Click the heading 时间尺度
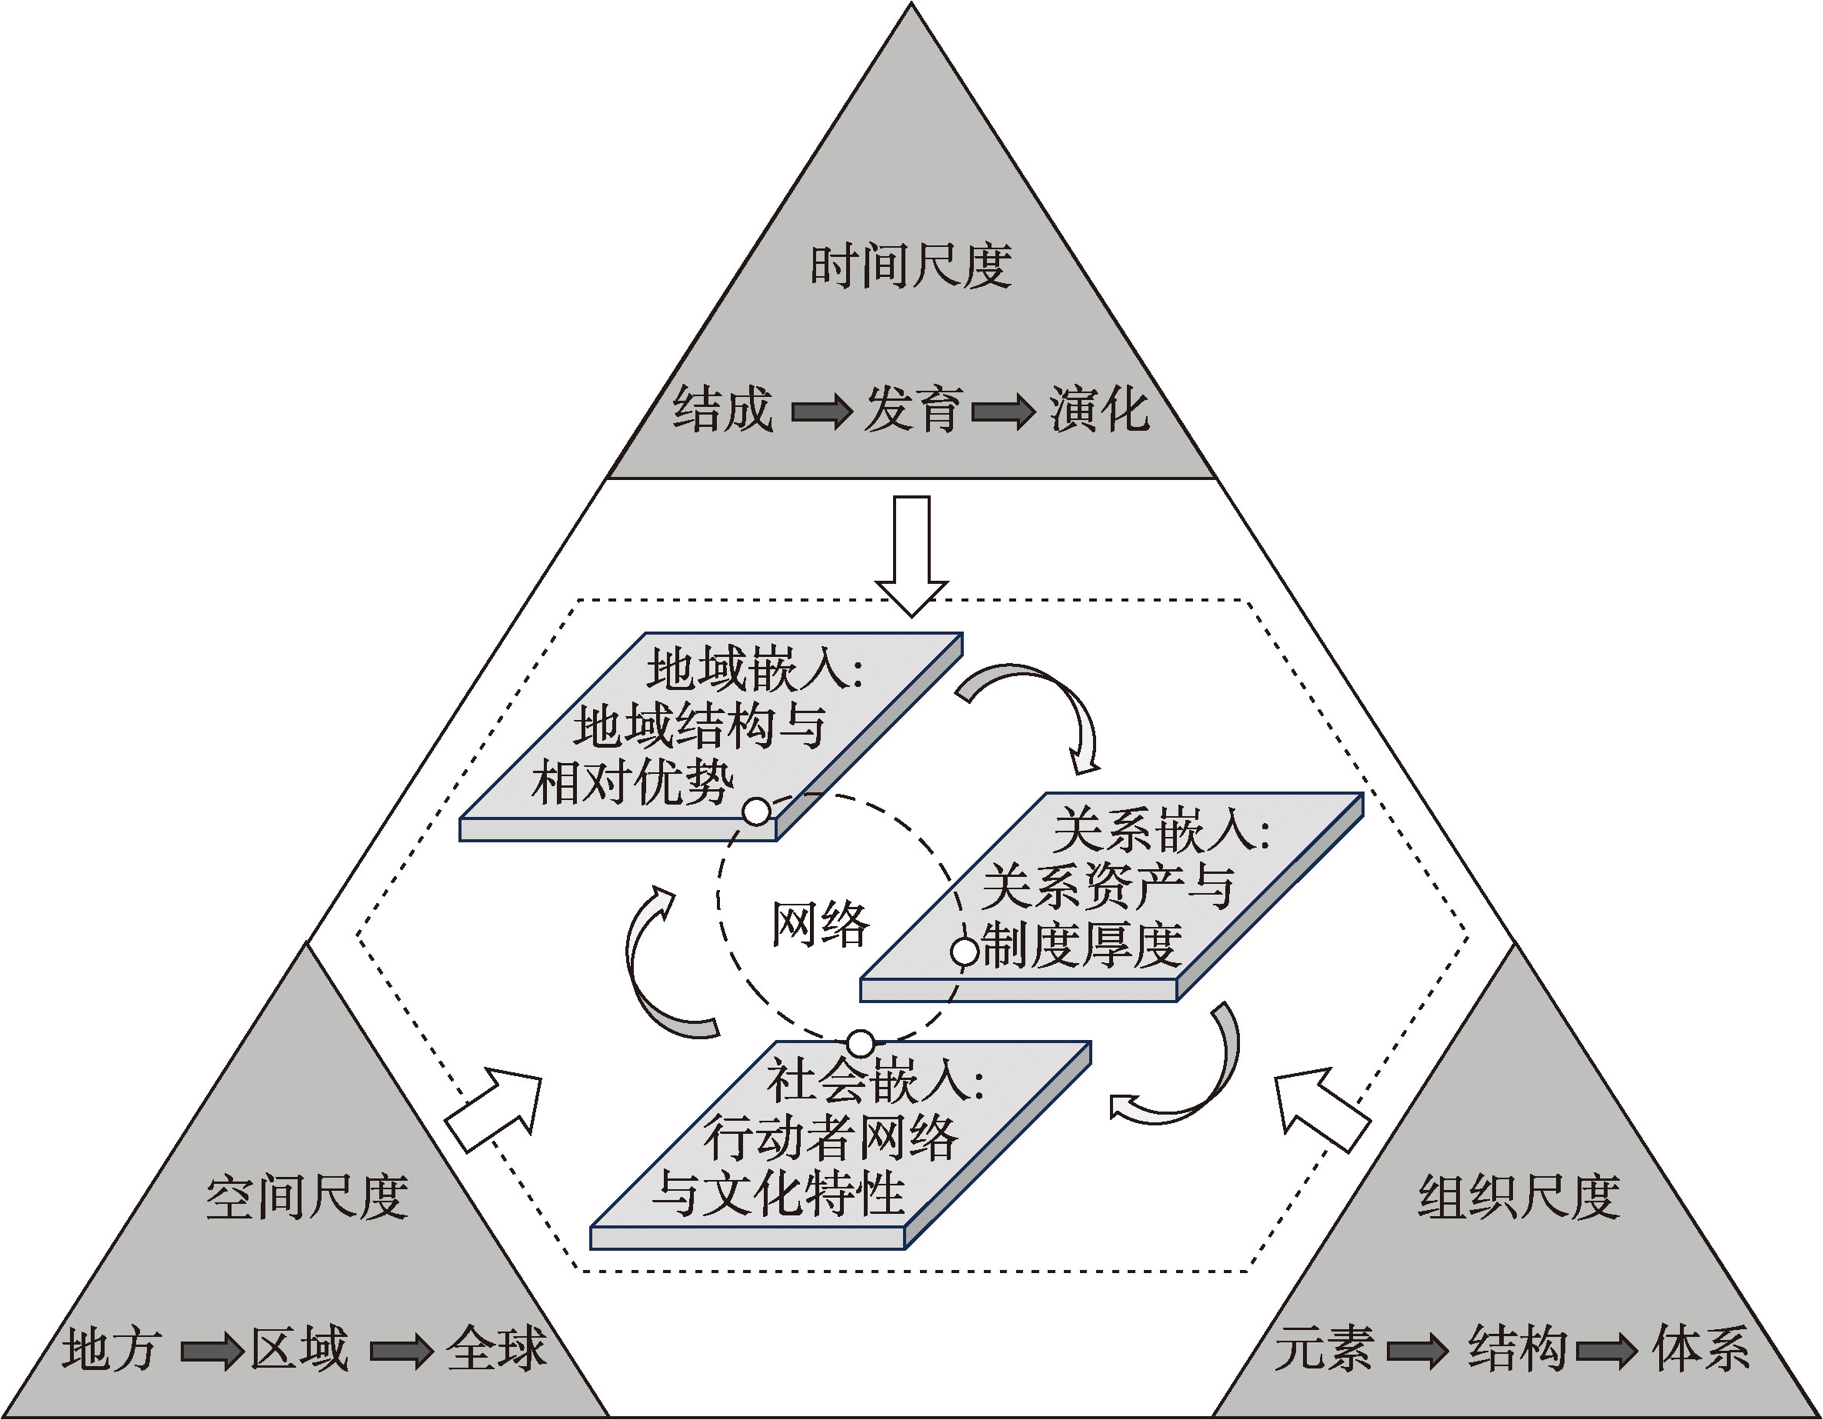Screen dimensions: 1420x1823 click(x=911, y=266)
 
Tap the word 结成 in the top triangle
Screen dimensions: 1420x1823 click(x=723, y=410)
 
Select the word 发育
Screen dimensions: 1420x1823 click(x=913, y=410)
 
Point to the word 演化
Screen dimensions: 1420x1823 click(x=1098, y=410)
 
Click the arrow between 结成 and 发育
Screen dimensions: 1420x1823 click(x=822, y=412)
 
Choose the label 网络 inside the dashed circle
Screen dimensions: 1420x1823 click(x=820, y=925)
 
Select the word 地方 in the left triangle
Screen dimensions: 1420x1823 click(x=111, y=1348)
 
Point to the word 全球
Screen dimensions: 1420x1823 click(x=496, y=1348)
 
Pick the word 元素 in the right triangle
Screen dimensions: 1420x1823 click(x=1324, y=1348)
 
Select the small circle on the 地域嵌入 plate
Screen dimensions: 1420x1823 click(x=756, y=812)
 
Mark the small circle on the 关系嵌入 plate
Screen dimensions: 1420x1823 click(x=965, y=952)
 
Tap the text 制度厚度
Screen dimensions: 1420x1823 click(x=1081, y=946)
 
